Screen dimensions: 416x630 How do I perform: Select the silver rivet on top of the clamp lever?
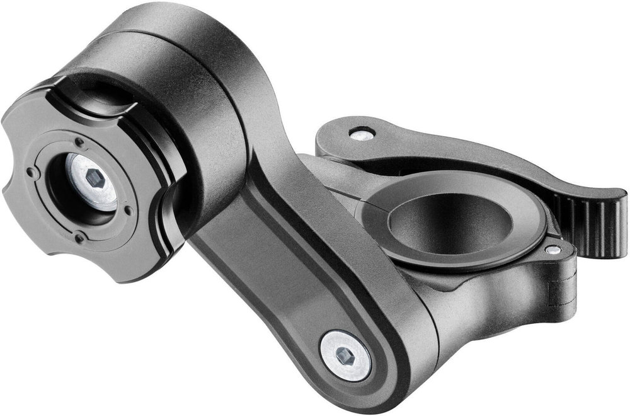[362, 134]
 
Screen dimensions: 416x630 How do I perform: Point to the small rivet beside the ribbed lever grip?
[553, 250]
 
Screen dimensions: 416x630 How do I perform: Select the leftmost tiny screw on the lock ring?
[30, 171]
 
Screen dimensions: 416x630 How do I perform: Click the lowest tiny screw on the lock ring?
[80, 238]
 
